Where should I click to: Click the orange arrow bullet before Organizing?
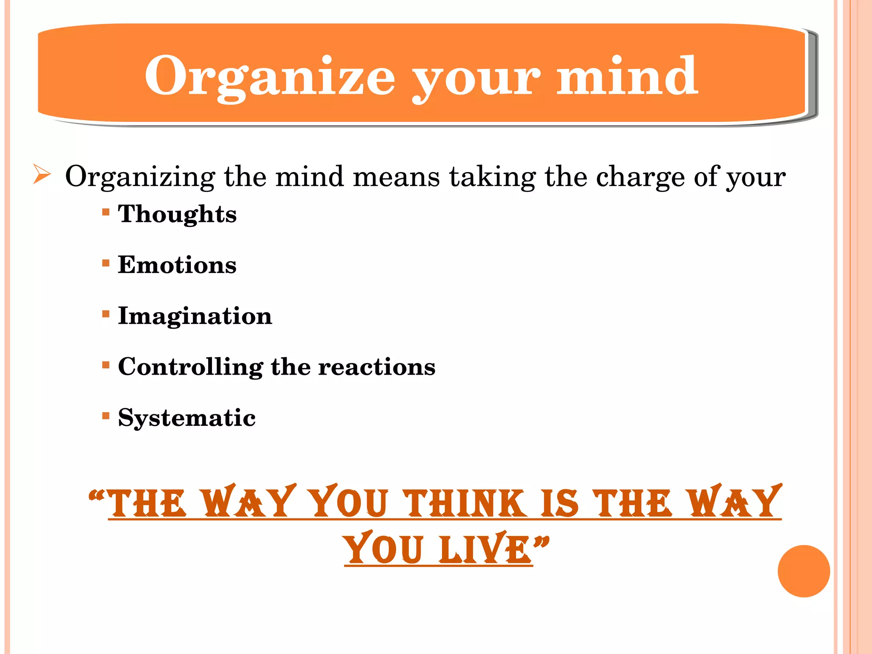(42, 175)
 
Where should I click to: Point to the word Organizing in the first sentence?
(140, 177)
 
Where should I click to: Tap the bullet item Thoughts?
(177, 214)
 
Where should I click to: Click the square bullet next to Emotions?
(106, 263)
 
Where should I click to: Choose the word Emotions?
(177, 265)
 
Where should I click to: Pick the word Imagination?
(195, 316)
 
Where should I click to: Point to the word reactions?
(377, 367)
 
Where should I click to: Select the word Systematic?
(186, 418)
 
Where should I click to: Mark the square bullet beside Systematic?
(106, 416)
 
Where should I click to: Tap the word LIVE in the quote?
(485, 549)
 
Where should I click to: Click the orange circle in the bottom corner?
(803, 571)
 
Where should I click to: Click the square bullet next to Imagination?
(106, 314)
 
